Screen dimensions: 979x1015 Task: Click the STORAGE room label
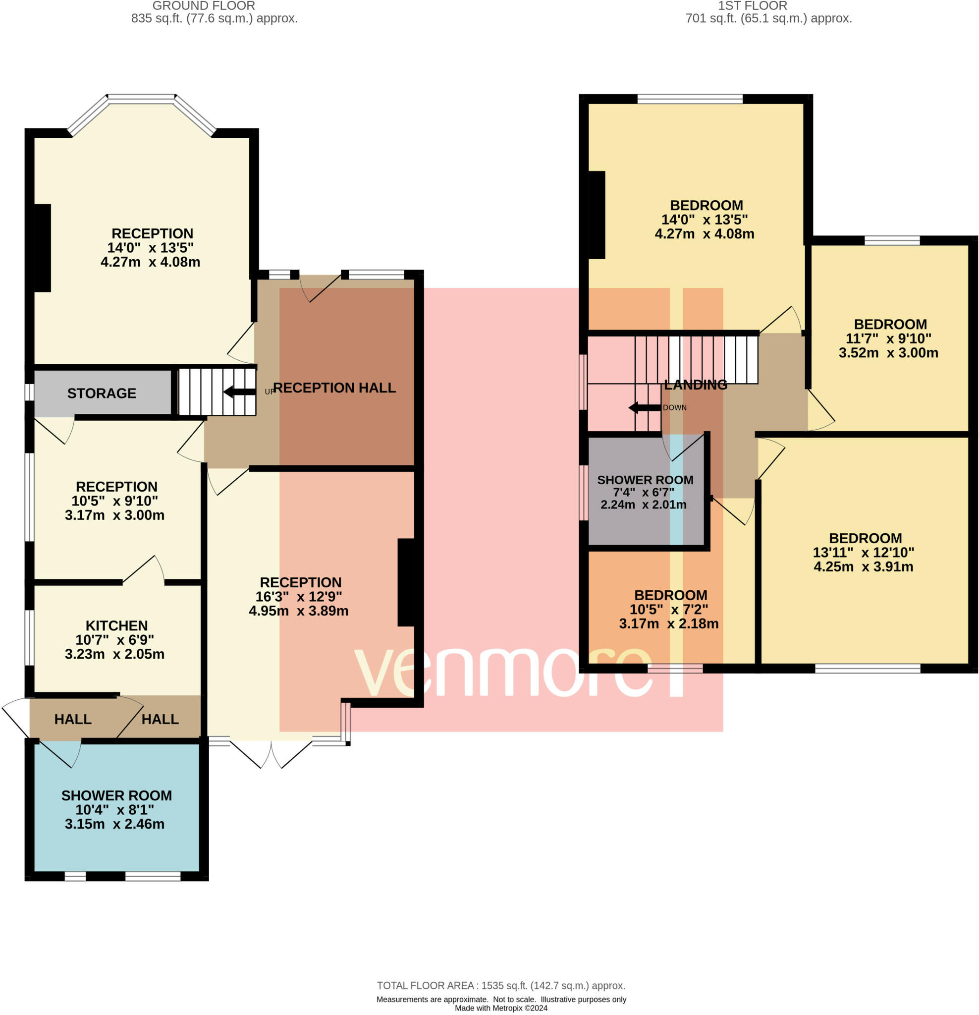102,394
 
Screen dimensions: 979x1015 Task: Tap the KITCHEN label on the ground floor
116,625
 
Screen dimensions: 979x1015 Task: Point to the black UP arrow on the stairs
240,392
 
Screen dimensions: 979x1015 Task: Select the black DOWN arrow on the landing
645,408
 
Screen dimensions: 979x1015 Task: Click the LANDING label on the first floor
696,385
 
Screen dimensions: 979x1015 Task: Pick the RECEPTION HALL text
334,388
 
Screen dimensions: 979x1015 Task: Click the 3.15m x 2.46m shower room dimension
115,824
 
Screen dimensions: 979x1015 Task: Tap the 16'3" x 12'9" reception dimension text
299,597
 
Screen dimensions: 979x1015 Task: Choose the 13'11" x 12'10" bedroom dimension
864,553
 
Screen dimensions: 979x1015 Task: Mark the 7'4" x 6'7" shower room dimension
644,493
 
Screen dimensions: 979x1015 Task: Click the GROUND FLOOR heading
204,6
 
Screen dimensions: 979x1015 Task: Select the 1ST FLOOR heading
752,6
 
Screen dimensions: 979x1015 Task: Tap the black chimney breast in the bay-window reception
43,248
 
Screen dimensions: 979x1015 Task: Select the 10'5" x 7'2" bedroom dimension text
669,610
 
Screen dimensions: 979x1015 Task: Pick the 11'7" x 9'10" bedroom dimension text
888,338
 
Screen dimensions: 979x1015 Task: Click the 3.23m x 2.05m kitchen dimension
115,654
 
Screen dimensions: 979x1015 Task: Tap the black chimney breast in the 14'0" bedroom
597,215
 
